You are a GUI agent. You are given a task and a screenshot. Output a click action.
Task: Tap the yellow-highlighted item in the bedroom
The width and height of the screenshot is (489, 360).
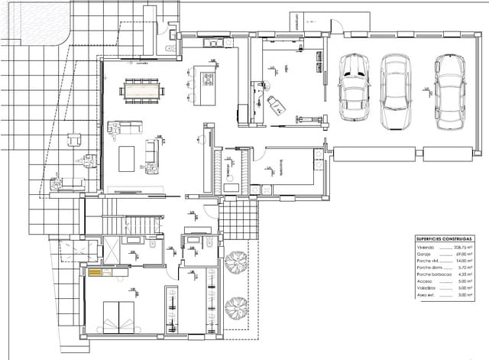[95, 272]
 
